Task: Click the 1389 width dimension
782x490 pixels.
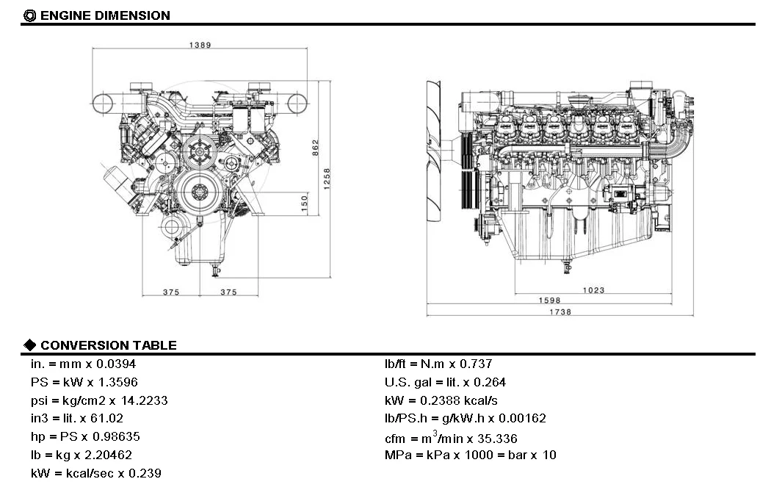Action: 200,45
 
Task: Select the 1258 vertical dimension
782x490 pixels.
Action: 327,178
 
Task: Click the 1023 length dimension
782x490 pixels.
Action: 593,290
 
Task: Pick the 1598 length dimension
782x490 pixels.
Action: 549,300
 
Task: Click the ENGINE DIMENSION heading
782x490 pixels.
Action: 104,15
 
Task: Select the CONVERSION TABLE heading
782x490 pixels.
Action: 108,345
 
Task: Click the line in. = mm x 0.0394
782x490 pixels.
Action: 83,364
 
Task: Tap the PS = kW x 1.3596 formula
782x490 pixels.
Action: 84,382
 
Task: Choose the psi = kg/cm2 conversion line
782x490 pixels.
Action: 99,400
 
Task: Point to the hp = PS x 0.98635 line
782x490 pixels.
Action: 85,436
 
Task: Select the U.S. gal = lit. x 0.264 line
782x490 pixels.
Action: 445,382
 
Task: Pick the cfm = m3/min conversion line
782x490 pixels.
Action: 451,438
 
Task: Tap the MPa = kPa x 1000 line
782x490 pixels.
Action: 470,455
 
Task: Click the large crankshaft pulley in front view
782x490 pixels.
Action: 198,192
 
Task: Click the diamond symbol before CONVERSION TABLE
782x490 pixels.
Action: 30,345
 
